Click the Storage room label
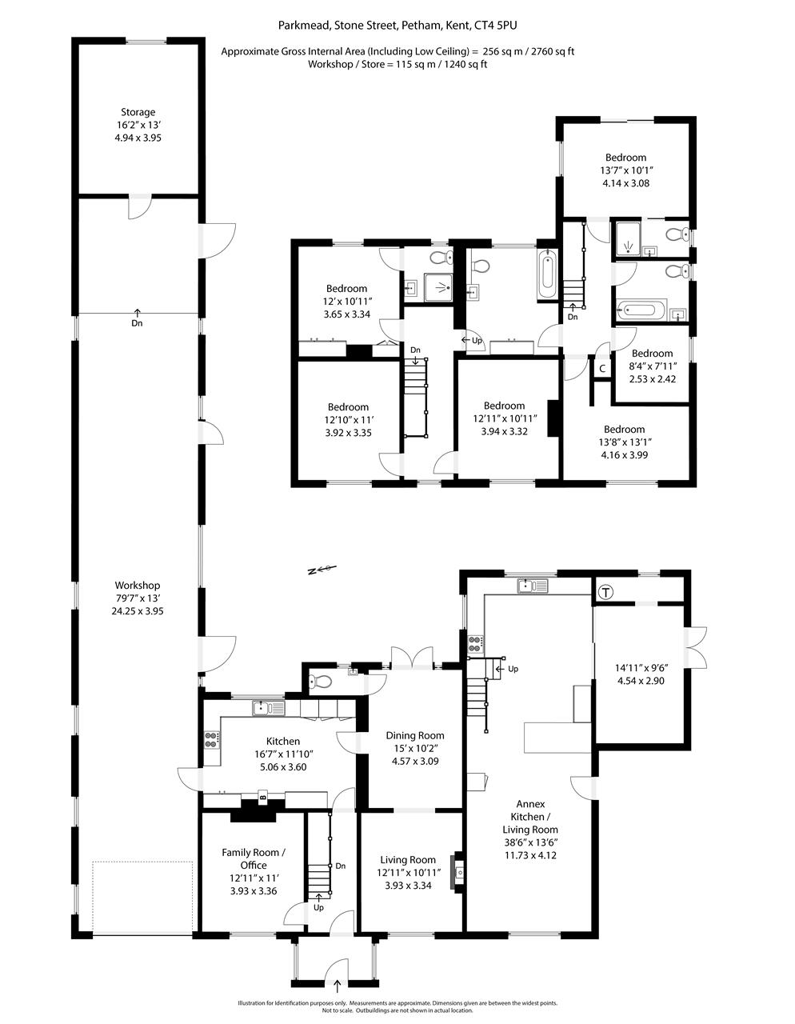point(138,112)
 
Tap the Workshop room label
point(138,586)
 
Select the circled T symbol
point(606,592)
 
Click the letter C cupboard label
point(602,369)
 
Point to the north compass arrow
point(322,570)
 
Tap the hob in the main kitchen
point(211,740)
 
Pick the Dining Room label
point(415,735)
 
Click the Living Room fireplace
point(457,871)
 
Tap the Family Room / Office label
point(254,858)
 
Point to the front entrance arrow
point(338,986)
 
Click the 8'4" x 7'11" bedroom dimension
point(653,366)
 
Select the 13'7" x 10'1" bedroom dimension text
point(626,170)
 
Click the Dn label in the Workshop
point(137,323)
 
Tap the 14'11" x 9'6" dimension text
point(641,668)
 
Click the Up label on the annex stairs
point(513,669)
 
